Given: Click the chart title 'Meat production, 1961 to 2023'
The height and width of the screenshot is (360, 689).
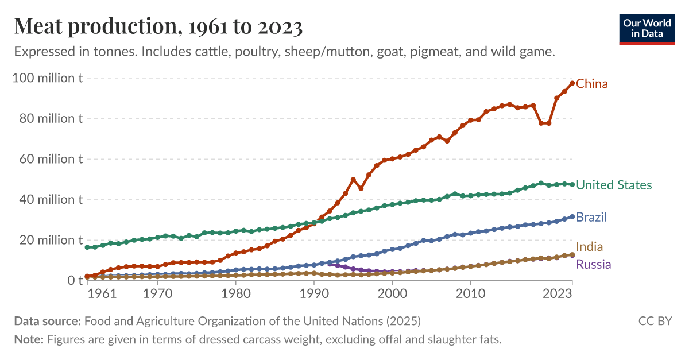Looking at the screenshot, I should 158,26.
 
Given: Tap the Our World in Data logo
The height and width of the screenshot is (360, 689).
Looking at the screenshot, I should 647,28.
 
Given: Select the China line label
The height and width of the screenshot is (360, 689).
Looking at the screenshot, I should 591,84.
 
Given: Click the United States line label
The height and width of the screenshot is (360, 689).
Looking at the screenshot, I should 614,185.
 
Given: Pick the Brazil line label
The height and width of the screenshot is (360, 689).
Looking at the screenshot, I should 591,217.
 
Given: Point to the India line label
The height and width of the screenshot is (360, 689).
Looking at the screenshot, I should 589,247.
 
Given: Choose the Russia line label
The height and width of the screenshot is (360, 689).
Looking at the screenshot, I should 593,265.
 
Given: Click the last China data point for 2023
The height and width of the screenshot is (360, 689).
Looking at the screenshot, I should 572,83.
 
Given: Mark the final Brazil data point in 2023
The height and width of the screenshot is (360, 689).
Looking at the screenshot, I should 572,217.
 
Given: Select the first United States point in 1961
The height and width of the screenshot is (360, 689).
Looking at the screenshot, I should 87,247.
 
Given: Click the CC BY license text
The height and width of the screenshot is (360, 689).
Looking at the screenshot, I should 655,321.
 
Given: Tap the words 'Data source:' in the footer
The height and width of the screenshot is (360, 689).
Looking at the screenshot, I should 48,321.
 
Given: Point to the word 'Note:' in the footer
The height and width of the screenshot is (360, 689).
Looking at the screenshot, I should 29,339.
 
